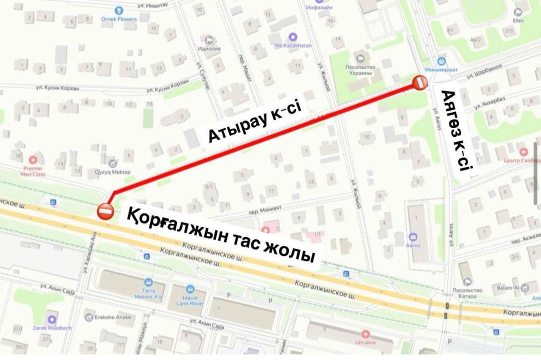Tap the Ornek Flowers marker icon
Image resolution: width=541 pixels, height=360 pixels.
118,10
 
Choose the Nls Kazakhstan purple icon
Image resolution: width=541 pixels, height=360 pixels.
293,36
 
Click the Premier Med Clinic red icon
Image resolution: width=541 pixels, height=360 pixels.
33,160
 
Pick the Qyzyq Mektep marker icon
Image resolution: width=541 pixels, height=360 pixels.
113,163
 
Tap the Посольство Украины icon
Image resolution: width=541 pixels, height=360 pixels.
359,58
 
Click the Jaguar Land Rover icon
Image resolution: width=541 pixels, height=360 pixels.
189,289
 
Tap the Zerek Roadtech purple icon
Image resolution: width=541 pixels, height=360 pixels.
52,319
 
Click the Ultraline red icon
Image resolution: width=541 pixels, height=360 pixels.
365,333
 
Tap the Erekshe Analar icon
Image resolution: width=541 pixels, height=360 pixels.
89,317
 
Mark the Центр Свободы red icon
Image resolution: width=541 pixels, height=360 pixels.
523,151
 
